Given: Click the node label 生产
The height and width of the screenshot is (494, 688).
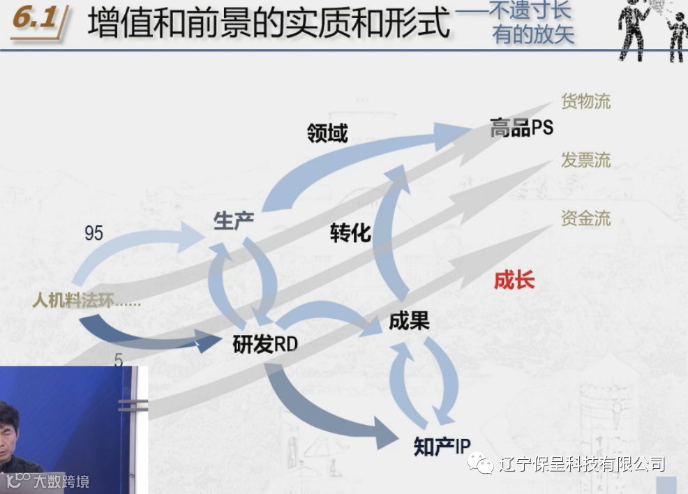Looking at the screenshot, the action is [234, 220].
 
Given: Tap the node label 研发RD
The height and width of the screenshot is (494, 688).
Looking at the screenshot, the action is [265, 343].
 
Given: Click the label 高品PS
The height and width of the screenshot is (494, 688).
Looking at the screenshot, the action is [521, 128].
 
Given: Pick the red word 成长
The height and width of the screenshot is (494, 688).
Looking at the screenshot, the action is [514, 280].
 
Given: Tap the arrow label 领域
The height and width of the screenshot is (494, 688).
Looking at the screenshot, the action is [327, 133].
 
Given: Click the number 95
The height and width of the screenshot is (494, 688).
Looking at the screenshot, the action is [94, 233].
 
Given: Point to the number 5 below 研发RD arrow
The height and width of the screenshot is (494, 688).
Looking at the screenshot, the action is [118, 361].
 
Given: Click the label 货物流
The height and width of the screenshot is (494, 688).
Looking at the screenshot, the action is [585, 101].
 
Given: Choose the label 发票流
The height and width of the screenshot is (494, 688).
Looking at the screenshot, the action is [585, 160].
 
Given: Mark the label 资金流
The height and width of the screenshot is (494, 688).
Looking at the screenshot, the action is [585, 218].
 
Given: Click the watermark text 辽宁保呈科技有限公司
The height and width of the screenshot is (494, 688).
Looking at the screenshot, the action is [581, 464].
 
